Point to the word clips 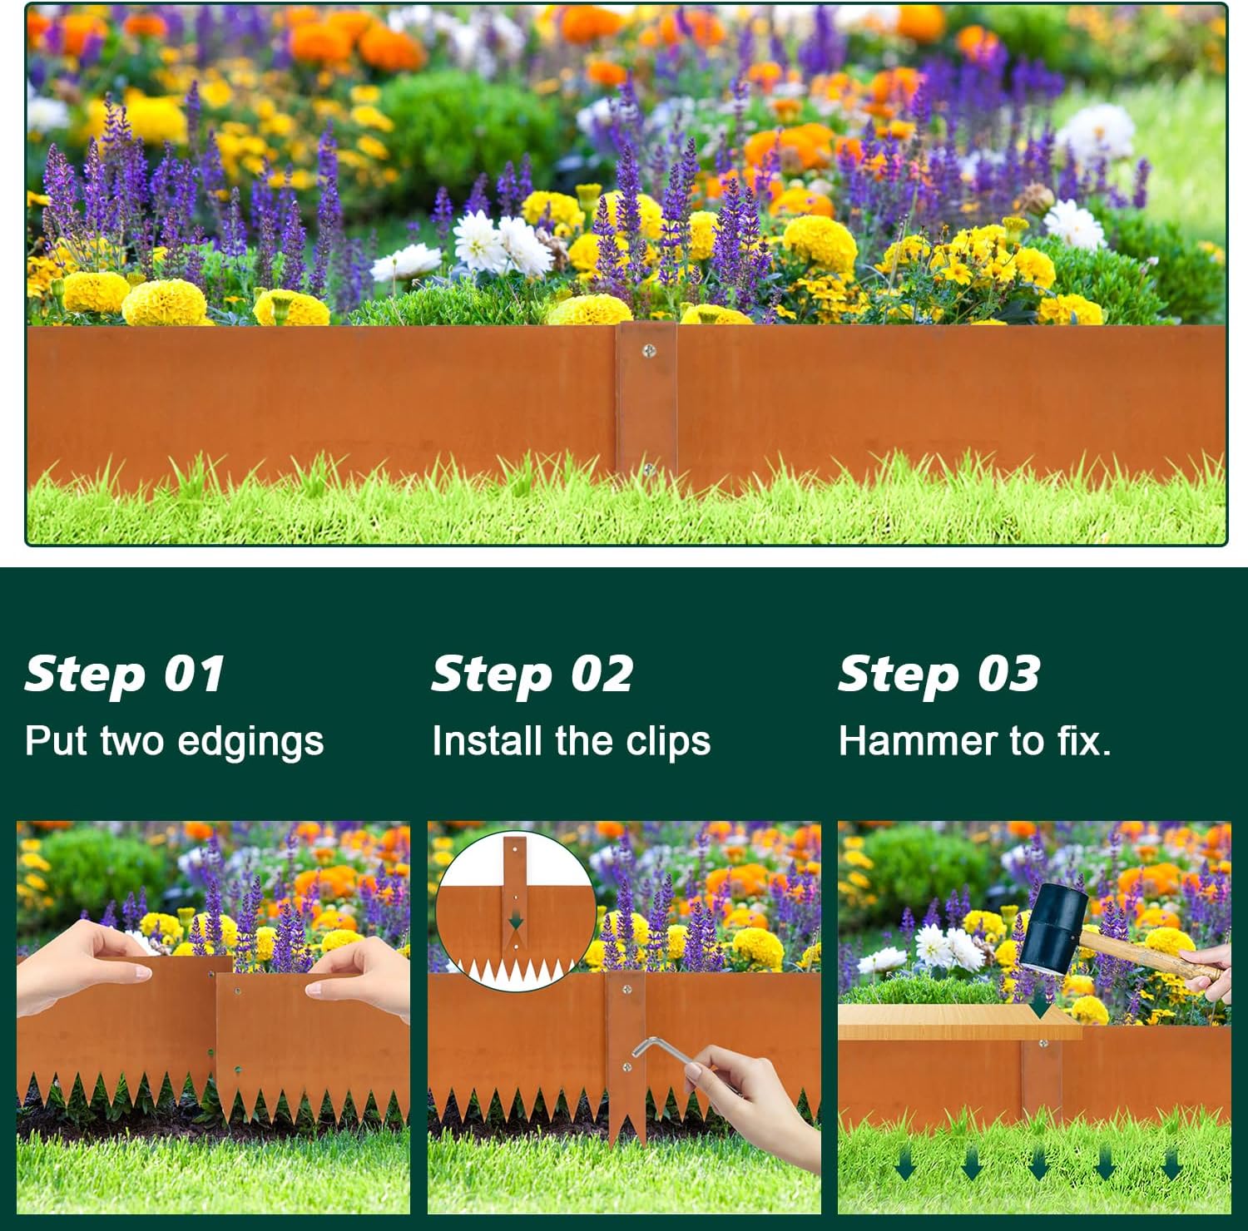(x=668, y=741)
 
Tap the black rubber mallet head (x=1052, y=927)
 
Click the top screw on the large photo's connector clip (x=649, y=351)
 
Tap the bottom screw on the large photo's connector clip (x=648, y=471)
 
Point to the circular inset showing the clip (x=516, y=910)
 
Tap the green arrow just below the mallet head (x=1039, y=1009)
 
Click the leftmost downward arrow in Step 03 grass (x=905, y=1164)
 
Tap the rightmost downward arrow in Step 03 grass (x=1171, y=1164)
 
